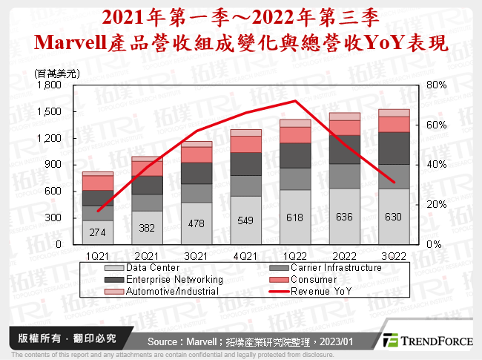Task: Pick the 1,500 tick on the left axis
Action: (49, 111)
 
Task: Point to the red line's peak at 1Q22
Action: (274, 101)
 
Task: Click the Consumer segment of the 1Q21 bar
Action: (98, 183)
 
